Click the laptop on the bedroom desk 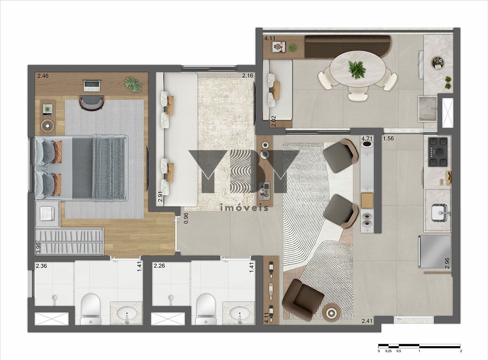click(92, 86)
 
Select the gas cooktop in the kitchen click(438, 152)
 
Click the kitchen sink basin click(440, 213)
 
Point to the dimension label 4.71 click(366, 139)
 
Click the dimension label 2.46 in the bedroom click(43, 76)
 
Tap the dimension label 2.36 click(41, 266)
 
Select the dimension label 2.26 click(159, 266)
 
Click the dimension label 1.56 click(388, 139)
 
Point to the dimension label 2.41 click(367, 321)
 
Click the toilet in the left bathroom click(91, 309)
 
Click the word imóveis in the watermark click(244, 208)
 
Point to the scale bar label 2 click(461, 351)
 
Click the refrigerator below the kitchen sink click(435, 251)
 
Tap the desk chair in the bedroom click(91, 102)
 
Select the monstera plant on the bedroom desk click(133, 84)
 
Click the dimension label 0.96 click(186, 218)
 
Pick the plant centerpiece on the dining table click(356, 70)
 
